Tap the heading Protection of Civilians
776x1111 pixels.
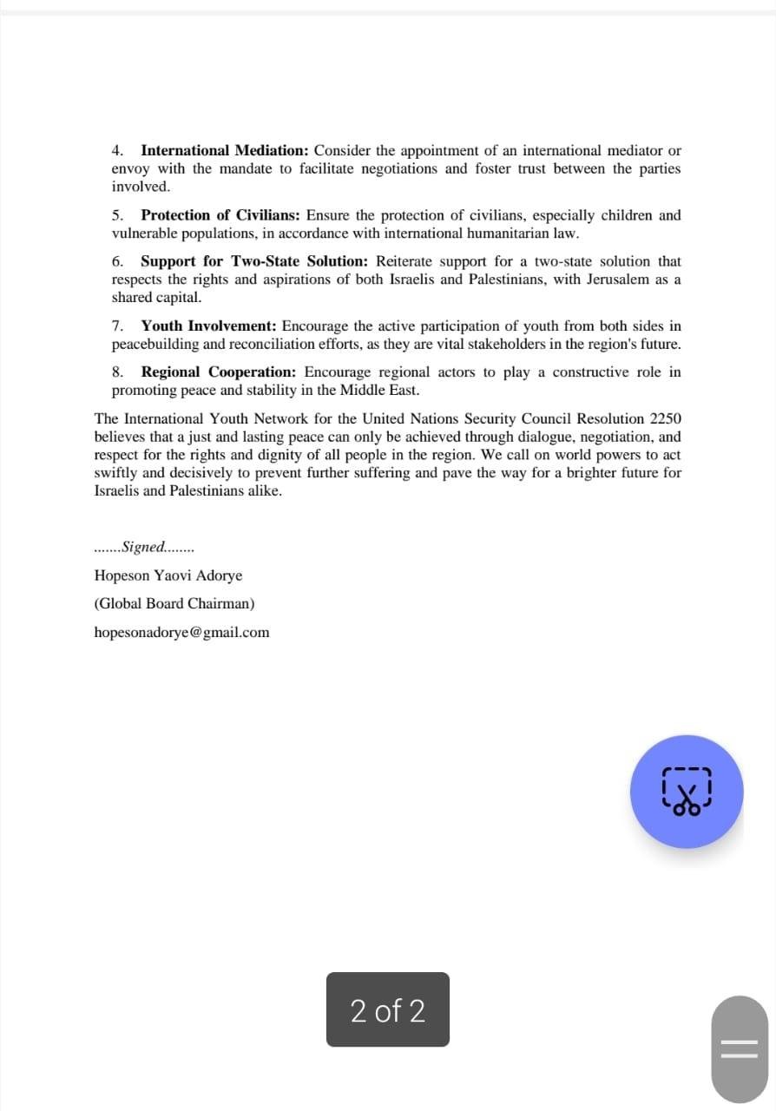[x=220, y=215]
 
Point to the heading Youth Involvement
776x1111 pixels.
[x=208, y=326]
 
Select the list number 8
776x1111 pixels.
[x=117, y=372]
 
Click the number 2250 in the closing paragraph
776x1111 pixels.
[x=665, y=418]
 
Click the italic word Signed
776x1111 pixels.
[x=144, y=547]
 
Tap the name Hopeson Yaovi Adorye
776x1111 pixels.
[x=168, y=575]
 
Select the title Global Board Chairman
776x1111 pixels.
[x=174, y=603]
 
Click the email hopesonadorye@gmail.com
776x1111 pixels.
[x=181, y=632]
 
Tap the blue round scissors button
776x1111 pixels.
[x=687, y=791]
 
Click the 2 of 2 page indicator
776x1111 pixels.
[x=388, y=1009]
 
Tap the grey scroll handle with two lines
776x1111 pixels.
[x=739, y=1048]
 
